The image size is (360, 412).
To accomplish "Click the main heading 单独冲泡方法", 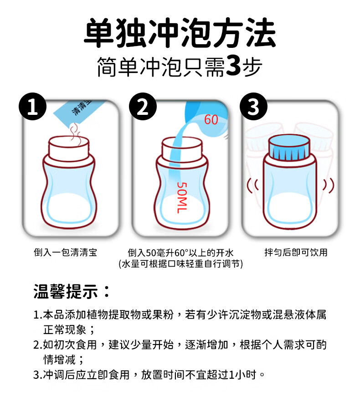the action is coord(180,32).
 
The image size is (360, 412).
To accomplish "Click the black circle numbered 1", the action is coord(33,106).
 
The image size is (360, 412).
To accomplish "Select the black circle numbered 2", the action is coord(143,106).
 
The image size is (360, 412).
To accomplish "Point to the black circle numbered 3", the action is coord(253,106).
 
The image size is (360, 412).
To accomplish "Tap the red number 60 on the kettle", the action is coord(211,119).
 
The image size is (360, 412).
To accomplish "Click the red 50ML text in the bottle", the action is coord(182,198).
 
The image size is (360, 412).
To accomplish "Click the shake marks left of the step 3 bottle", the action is coord(252,185).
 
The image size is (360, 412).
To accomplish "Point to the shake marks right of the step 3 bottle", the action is coord(329,185).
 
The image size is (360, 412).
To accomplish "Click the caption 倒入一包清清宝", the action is coord(66,252).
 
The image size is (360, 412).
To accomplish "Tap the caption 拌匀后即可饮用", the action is coord(296,252).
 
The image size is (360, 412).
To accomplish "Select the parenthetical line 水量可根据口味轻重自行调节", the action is coord(181,264).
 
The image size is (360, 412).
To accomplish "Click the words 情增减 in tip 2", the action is coord(59,360).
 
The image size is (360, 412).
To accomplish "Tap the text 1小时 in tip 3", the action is coord(242,375).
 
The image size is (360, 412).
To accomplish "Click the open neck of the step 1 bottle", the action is coord(69,148).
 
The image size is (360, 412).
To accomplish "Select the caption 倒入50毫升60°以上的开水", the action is coord(180,253).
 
